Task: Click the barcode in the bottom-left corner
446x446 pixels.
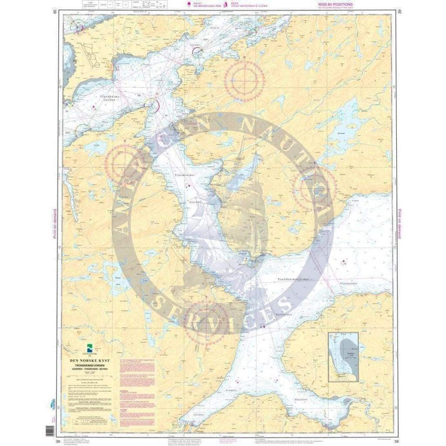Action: [52, 430]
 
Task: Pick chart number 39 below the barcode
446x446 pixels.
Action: [58, 424]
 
